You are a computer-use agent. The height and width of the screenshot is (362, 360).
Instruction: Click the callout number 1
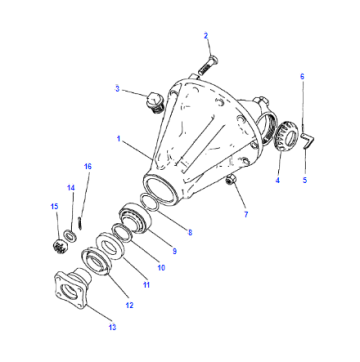[119, 138]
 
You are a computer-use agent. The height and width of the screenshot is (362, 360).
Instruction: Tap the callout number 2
[206, 36]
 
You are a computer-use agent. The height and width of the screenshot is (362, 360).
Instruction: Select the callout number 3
[117, 89]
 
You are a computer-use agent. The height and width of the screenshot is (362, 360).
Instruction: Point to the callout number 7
[246, 214]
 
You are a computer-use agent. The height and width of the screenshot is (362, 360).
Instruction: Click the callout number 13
[113, 327]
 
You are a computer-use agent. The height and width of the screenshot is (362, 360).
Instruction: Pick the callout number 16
[88, 166]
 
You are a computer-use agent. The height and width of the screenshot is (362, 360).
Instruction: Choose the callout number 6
[302, 76]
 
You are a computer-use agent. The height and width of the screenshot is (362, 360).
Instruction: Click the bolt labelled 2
[206, 66]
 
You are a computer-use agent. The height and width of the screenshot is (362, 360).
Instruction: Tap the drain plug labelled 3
[155, 103]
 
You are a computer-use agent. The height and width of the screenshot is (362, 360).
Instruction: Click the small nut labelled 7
[229, 180]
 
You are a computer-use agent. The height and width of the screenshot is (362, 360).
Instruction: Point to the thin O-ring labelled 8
[148, 202]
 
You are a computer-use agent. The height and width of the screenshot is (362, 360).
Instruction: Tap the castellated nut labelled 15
[61, 247]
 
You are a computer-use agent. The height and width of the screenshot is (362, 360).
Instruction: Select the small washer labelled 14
[71, 236]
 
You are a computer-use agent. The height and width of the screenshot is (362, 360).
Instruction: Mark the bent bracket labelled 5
[308, 141]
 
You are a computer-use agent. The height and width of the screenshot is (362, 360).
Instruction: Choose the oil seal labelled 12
[96, 262]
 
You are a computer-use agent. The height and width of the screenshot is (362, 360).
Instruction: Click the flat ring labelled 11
[110, 246]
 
